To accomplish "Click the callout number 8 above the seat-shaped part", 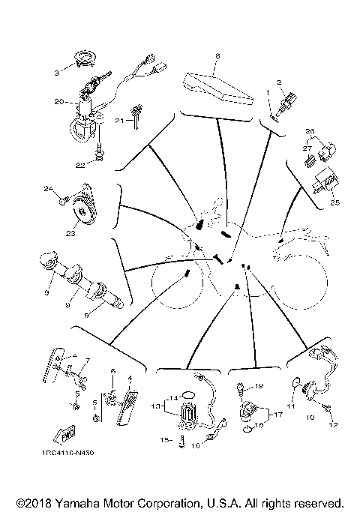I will click(217, 56).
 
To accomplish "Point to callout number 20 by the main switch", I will click(58, 100).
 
